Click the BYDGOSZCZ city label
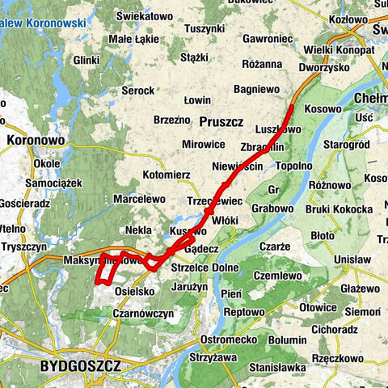point(80,366)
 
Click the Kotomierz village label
point(166,174)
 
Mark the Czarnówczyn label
point(143,313)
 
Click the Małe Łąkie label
point(133,38)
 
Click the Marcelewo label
point(139,199)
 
